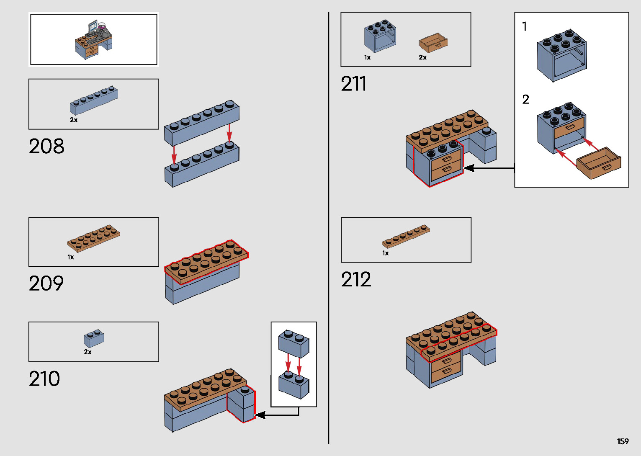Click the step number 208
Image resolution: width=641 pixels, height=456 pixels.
(x=46, y=147)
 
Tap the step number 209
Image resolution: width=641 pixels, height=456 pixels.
(x=46, y=283)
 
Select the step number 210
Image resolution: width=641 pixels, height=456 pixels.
(x=44, y=379)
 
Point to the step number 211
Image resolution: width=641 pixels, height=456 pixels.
(x=354, y=84)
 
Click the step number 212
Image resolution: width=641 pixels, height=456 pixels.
(x=356, y=280)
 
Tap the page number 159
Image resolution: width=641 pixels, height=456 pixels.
(x=623, y=441)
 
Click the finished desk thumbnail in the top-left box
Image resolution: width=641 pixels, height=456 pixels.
(x=94, y=39)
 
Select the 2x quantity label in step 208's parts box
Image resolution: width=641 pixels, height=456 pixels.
(x=74, y=120)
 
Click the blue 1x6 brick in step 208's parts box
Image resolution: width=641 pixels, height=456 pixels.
(x=94, y=101)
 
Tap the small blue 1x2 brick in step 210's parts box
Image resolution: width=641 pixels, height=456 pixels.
(x=94, y=338)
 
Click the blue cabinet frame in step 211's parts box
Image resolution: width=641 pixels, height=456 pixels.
(x=380, y=36)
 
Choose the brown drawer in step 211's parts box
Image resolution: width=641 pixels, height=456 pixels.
(x=433, y=43)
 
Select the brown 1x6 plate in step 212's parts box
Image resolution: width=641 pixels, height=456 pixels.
(x=406, y=237)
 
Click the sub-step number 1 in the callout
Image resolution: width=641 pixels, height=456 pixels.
(x=525, y=26)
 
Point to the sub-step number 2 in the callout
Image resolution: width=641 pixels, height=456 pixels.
(x=526, y=100)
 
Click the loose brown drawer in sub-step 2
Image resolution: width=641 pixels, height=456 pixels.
(x=599, y=163)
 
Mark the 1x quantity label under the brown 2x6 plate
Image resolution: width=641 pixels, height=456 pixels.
(x=71, y=257)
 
